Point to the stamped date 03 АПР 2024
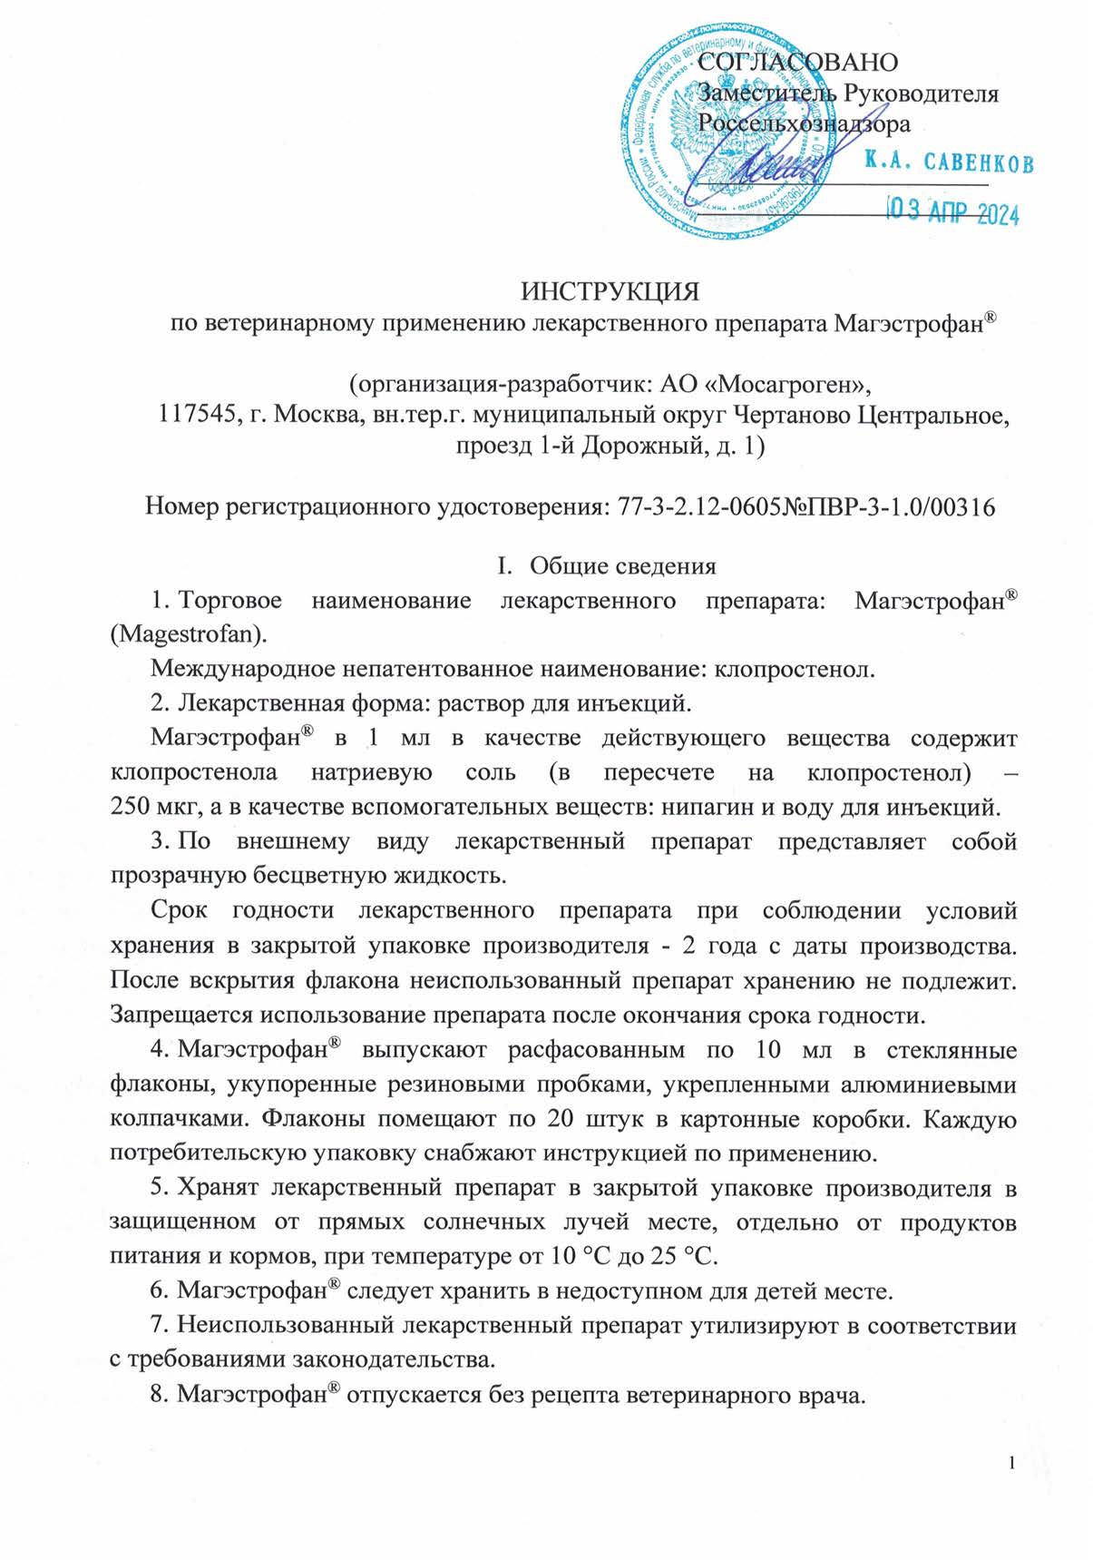point(951,213)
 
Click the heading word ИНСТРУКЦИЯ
point(610,292)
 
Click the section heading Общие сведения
point(622,566)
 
